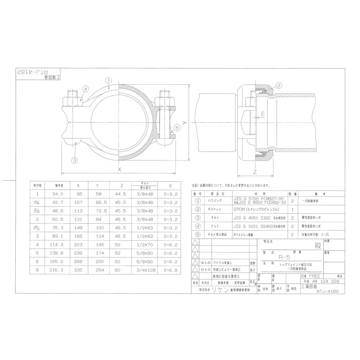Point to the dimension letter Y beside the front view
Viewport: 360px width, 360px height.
(x=185, y=123)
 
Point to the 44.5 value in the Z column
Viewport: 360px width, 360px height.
(x=120, y=193)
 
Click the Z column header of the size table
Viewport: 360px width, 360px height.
(x=120, y=185)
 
